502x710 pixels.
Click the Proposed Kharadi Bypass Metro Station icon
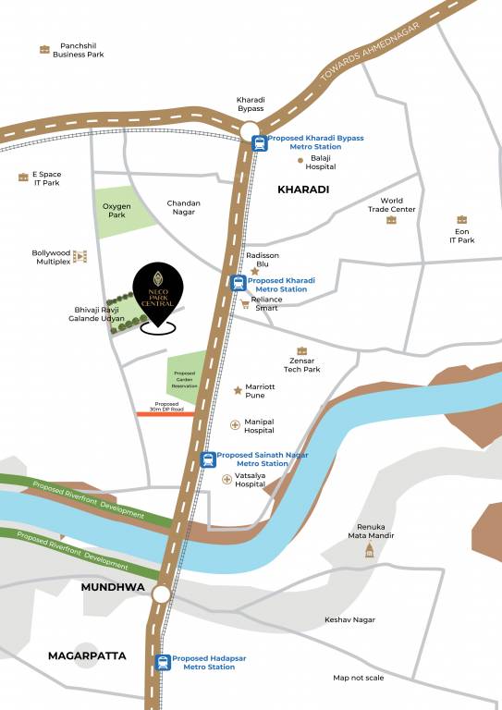coord(259,142)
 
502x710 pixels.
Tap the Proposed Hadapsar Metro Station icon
coord(164,662)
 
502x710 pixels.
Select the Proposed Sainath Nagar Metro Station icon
coord(208,459)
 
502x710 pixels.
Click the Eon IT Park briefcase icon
coord(461,219)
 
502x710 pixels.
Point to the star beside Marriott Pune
coord(238,390)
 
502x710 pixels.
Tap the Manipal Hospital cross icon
coord(235,425)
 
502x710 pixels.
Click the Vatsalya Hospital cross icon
coord(227,479)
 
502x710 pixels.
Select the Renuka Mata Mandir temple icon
coord(370,550)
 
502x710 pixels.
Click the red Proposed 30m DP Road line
coord(165,414)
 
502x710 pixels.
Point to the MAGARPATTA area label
coord(87,655)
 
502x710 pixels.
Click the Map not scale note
coord(360,678)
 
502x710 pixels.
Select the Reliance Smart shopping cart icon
coord(245,303)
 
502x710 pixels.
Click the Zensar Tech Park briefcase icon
coord(301,349)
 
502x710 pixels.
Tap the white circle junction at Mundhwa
coord(162,594)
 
